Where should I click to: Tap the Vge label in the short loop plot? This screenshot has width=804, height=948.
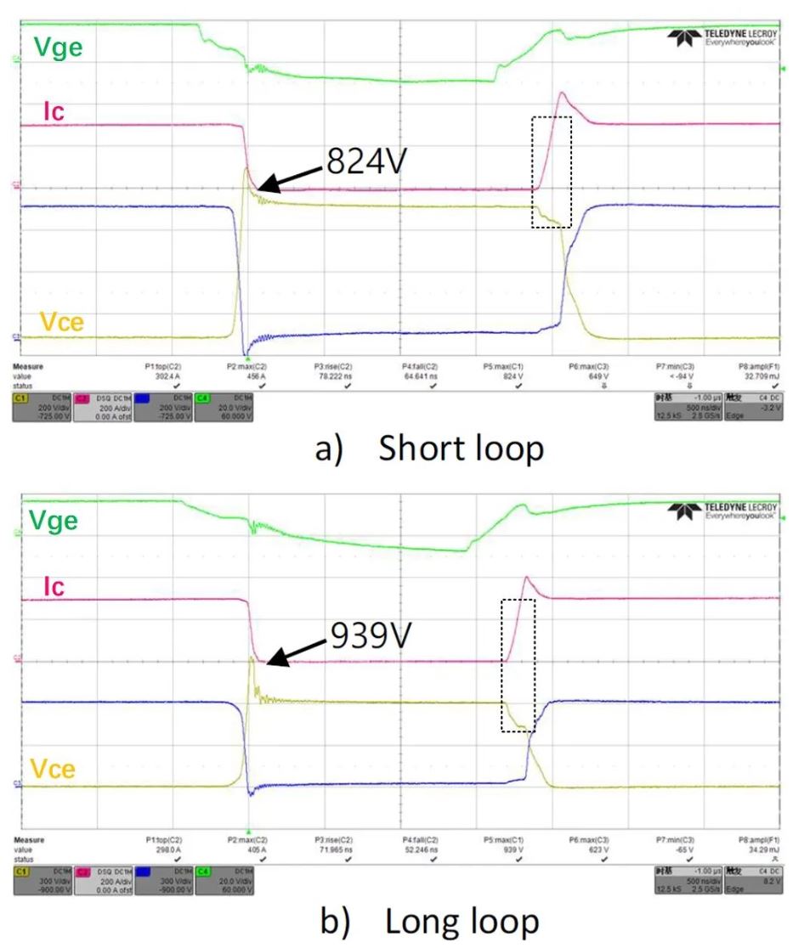[58, 47]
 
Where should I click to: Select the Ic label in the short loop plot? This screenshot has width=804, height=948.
[54, 111]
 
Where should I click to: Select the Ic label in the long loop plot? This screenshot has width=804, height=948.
[53, 587]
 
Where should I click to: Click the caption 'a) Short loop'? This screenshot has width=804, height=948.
[428, 449]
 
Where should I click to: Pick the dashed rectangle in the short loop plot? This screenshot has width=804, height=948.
[552, 172]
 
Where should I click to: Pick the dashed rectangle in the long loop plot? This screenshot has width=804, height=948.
[518, 665]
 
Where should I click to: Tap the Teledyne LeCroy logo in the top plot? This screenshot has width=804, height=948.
[722, 37]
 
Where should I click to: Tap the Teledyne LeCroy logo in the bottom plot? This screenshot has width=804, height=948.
[722, 511]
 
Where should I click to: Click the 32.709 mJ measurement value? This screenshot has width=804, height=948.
[759, 375]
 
